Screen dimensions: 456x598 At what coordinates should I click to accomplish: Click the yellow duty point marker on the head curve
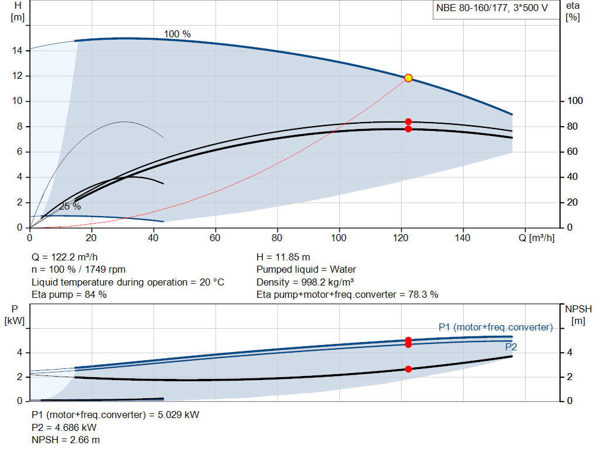[408, 78]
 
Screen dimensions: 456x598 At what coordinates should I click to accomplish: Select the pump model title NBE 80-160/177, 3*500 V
[492, 8]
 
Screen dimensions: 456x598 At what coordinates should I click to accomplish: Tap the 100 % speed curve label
[177, 34]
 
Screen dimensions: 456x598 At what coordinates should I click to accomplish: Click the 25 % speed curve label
[70, 206]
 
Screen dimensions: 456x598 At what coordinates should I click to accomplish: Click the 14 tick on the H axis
[18, 51]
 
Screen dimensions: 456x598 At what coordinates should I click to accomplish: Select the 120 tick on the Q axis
[401, 238]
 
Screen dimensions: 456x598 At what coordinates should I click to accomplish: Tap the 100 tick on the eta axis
[575, 101]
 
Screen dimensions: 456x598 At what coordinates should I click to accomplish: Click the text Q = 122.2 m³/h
[65, 257]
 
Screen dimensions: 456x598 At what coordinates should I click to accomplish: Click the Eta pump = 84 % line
[69, 295]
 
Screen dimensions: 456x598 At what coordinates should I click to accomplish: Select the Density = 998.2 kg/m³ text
[305, 282]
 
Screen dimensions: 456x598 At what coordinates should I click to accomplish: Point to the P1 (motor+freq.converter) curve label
[495, 327]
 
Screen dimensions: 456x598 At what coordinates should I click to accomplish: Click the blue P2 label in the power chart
[511, 347]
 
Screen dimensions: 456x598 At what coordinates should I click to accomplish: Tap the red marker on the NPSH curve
[408, 369]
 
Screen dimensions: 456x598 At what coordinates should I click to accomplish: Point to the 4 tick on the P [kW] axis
[19, 353]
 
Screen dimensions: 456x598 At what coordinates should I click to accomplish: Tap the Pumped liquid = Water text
[306, 270]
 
